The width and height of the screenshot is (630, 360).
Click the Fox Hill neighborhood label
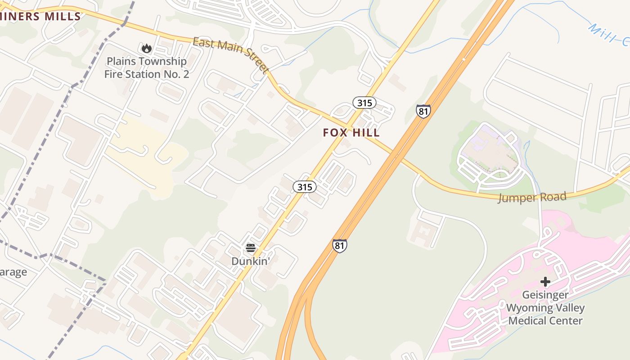point(351,133)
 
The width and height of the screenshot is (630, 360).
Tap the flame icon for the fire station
point(146,48)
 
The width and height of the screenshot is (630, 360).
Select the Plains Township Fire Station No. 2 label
point(146,67)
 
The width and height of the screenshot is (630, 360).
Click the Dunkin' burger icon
point(251,248)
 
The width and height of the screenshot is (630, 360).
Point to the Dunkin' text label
point(250,261)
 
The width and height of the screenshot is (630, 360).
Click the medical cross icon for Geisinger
point(545,282)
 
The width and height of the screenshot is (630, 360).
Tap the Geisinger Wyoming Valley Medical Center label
point(545,308)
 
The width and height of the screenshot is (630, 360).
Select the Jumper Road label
point(531,197)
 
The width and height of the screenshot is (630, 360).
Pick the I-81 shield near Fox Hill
point(423,111)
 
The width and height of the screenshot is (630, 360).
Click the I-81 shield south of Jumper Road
point(340,246)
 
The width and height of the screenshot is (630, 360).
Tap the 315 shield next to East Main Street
point(364,103)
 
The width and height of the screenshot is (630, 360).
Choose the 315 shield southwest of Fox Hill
point(305,187)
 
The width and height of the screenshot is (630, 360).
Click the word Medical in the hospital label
point(531,321)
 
